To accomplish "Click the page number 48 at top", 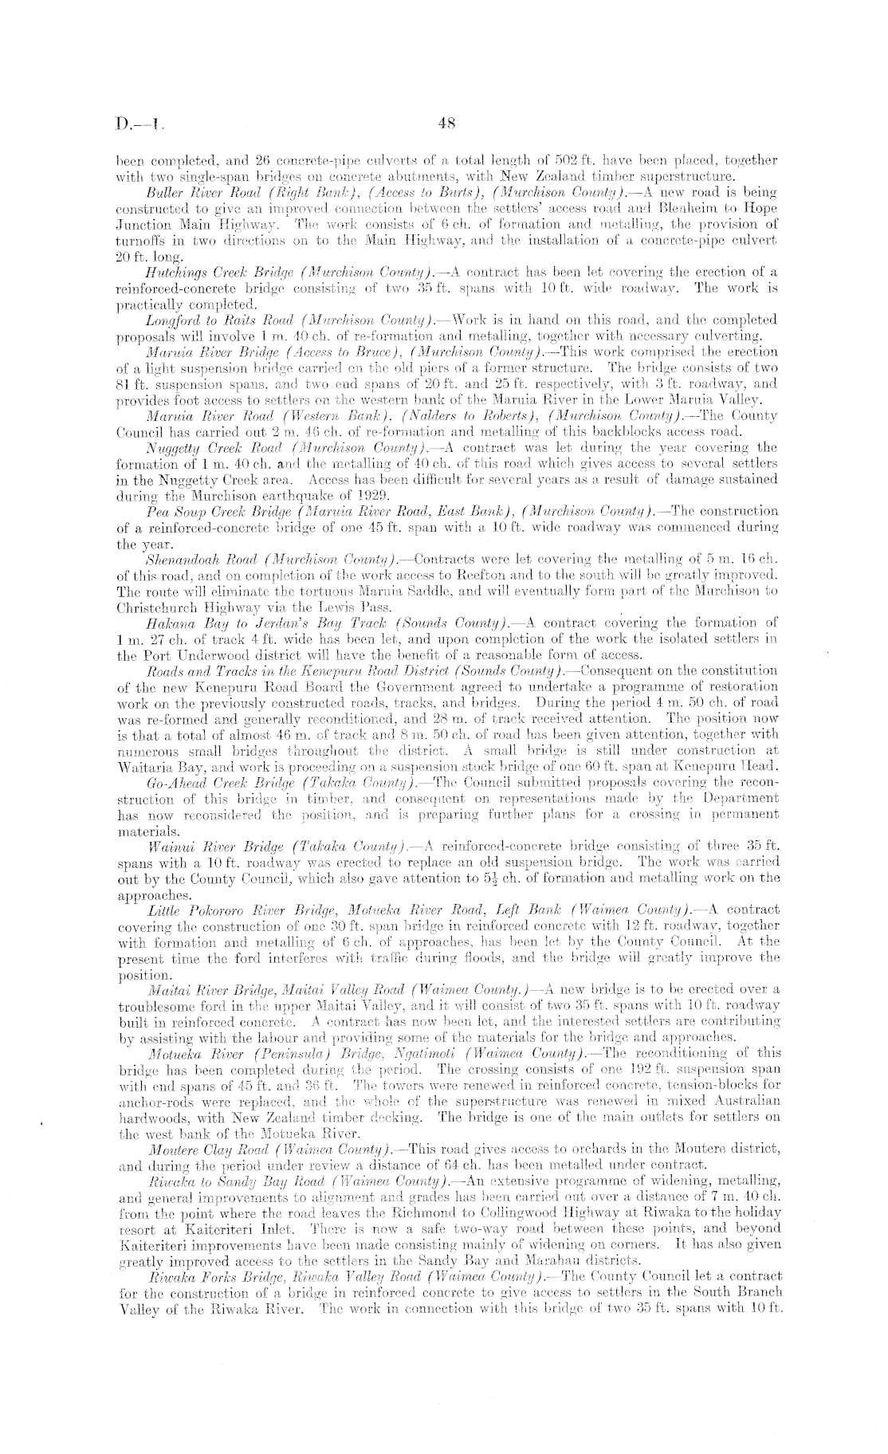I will (446, 123).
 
